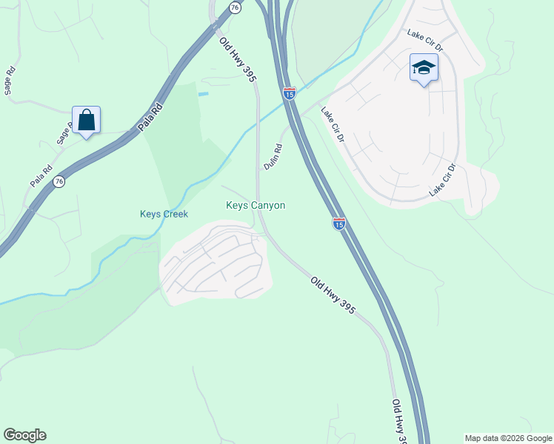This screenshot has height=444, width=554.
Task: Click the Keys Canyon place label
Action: click(256, 206)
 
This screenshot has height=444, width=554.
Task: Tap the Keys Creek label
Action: click(164, 215)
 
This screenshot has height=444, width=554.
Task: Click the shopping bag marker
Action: click(86, 120)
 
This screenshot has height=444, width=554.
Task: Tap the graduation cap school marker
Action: click(423, 69)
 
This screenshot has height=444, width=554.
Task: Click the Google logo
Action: click(24, 435)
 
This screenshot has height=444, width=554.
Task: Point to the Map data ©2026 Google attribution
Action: click(508, 438)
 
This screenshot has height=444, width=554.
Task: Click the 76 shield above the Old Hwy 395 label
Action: click(235, 7)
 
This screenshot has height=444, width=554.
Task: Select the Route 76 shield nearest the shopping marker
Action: click(59, 181)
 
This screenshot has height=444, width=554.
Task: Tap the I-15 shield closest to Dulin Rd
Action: click(290, 93)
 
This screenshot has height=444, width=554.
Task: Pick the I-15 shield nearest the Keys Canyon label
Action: click(338, 223)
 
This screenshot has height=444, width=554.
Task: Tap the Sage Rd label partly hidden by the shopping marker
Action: click(63, 134)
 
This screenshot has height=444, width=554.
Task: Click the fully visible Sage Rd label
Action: click(10, 81)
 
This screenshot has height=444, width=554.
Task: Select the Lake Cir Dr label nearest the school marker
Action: click(425, 39)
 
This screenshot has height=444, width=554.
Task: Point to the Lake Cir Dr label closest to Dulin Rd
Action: click(333, 124)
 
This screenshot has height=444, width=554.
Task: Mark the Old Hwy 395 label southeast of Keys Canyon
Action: click(333, 295)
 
